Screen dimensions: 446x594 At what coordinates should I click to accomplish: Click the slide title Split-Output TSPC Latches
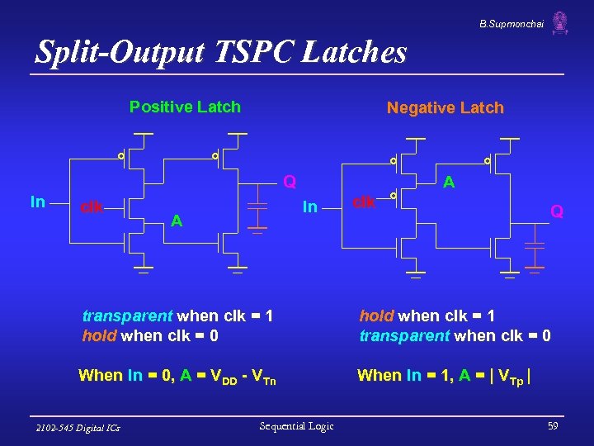(221, 53)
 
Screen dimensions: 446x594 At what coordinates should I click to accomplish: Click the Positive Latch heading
(185, 107)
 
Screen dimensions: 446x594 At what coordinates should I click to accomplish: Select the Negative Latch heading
(445, 108)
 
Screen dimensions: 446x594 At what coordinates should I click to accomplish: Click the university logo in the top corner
(560, 23)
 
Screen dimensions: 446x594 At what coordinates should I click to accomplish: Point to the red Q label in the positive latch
(290, 180)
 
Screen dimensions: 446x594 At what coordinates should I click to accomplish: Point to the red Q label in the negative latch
(558, 211)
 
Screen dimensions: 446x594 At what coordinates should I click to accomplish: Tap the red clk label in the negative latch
(365, 201)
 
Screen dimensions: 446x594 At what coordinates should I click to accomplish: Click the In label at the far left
(38, 202)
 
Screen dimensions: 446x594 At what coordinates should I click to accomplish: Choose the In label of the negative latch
(309, 206)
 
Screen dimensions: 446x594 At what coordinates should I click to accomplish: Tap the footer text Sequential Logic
(296, 426)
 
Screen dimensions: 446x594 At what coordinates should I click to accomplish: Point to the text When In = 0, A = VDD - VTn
(177, 376)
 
